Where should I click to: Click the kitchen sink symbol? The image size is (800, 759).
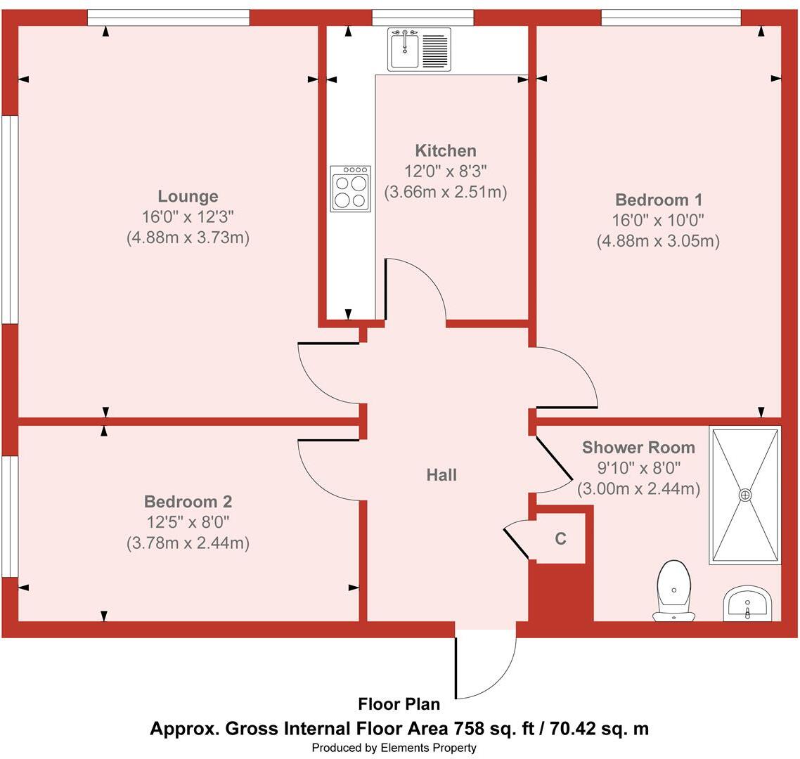click(420, 49)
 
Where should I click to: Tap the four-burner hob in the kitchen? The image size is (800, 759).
click(350, 188)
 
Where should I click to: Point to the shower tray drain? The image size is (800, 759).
click(745, 495)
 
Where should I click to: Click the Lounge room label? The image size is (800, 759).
click(188, 197)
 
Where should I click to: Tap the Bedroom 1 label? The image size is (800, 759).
click(659, 200)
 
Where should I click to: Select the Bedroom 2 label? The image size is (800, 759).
click(188, 502)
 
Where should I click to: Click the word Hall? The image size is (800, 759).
click(441, 475)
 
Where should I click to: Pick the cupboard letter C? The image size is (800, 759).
click(560, 539)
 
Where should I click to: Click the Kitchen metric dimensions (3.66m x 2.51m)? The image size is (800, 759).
click(446, 192)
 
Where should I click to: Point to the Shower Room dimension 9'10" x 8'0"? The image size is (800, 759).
click(638, 467)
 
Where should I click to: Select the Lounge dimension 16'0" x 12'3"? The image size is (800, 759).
click(188, 217)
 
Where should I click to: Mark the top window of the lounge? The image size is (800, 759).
click(169, 18)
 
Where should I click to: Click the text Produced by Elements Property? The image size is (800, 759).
click(394, 748)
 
